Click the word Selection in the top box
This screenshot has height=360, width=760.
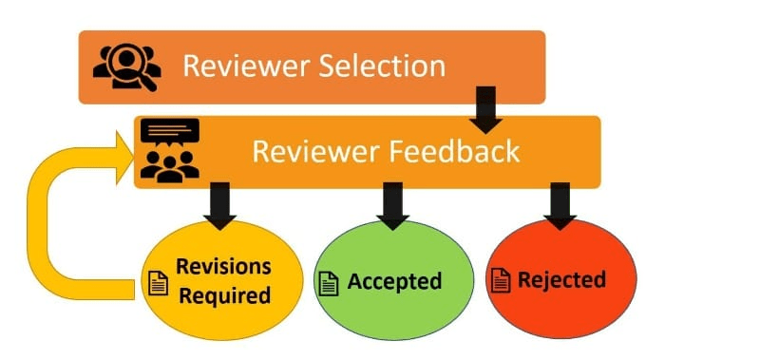382,66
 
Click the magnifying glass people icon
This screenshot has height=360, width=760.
126,67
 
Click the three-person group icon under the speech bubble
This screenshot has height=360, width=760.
170,166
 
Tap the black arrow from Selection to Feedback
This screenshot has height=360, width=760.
485,110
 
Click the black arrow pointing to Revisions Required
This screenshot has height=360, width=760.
220,206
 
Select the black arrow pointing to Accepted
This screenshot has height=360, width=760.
392,206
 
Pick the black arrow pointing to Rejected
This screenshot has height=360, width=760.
560,206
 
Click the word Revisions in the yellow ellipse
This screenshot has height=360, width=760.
223,266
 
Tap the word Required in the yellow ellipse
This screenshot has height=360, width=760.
225,295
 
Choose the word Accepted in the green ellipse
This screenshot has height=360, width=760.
394,281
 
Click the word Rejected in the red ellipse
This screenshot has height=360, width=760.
561,279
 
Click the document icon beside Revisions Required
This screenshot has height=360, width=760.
158,283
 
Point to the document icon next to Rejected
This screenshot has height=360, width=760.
501,280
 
